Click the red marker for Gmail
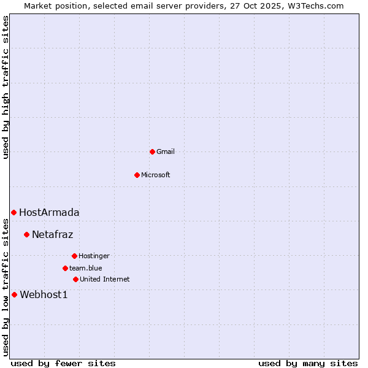[x=152, y=151]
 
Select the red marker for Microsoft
[x=137, y=175]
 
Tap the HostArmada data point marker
[x=13, y=212]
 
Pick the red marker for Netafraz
[x=26, y=234]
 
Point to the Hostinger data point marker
[x=74, y=256]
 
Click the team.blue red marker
[x=65, y=268]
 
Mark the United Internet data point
[x=75, y=279]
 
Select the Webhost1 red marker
[x=14, y=294]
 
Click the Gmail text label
[x=166, y=151]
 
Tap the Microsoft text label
[x=156, y=175]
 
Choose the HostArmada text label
[x=49, y=212]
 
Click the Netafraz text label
[x=53, y=234]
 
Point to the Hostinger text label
[x=94, y=256]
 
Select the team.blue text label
[x=86, y=268]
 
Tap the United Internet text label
[x=105, y=279]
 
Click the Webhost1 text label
[x=44, y=294]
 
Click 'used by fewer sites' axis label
[x=63, y=363]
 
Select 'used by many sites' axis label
[x=308, y=363]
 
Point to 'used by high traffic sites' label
[x=6, y=87]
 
